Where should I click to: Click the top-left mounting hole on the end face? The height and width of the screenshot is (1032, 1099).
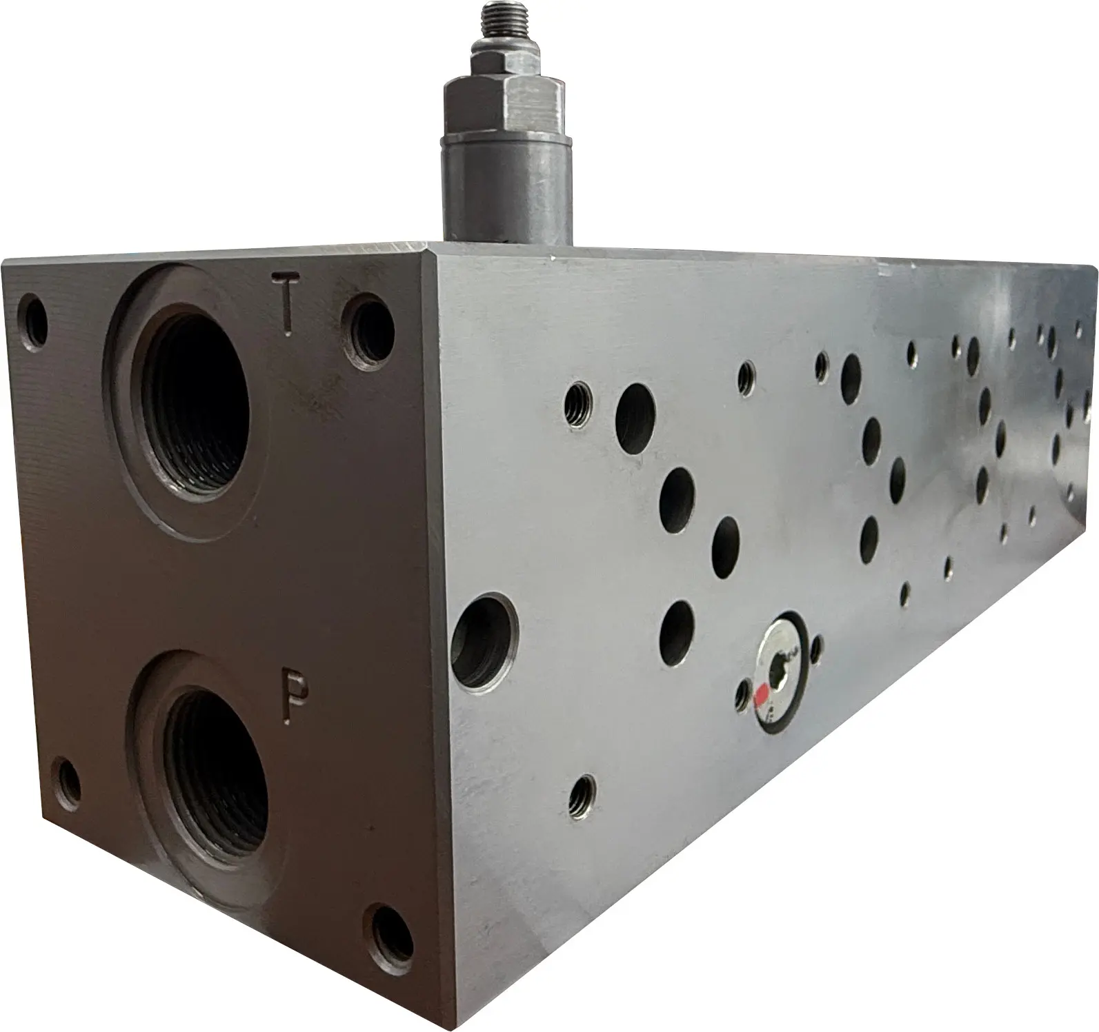32,323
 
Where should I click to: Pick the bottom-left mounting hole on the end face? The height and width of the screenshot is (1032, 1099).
68,787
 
